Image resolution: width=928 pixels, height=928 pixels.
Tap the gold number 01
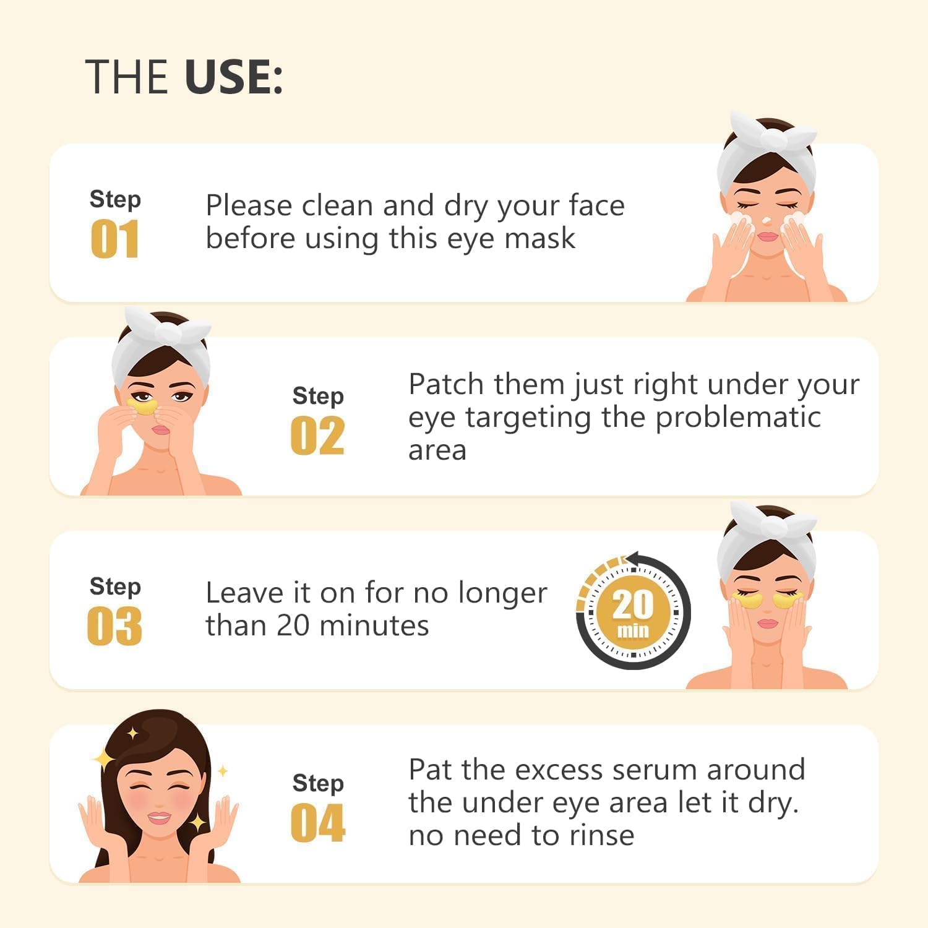[114, 239]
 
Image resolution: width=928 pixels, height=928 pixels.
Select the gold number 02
[317, 436]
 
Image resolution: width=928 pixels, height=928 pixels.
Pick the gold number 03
[114, 626]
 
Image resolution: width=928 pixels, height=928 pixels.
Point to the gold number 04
[317, 823]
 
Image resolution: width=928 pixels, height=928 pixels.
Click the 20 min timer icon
[633, 612]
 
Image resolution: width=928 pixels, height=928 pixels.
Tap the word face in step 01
[596, 205]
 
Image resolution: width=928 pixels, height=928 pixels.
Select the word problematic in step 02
[738, 418]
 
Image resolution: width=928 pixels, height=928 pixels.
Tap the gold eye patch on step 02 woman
[143, 405]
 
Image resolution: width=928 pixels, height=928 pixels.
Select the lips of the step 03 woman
[768, 624]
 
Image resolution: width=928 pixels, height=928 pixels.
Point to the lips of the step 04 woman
[159, 818]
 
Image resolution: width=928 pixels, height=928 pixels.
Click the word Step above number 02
[318, 397]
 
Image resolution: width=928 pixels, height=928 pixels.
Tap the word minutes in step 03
[375, 625]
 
